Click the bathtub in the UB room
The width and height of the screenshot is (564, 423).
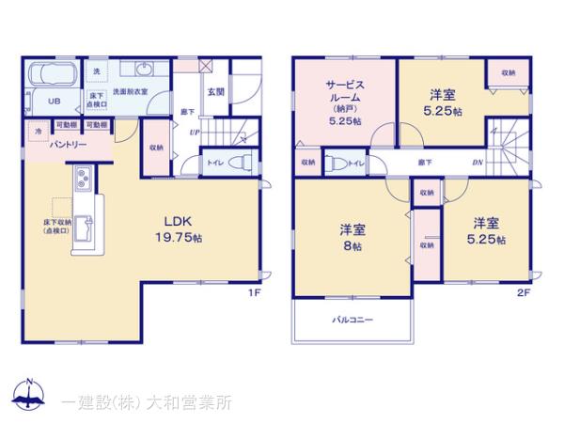[55, 75]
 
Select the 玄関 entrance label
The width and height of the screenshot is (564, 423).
[215, 91]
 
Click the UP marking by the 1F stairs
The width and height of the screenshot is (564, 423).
[195, 132]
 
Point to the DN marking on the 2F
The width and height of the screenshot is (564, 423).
[478, 162]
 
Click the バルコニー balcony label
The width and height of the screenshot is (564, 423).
[352, 320]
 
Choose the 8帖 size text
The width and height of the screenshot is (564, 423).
[352, 246]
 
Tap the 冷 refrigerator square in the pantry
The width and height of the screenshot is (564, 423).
[39, 131]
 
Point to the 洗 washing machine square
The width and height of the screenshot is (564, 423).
[95, 72]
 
